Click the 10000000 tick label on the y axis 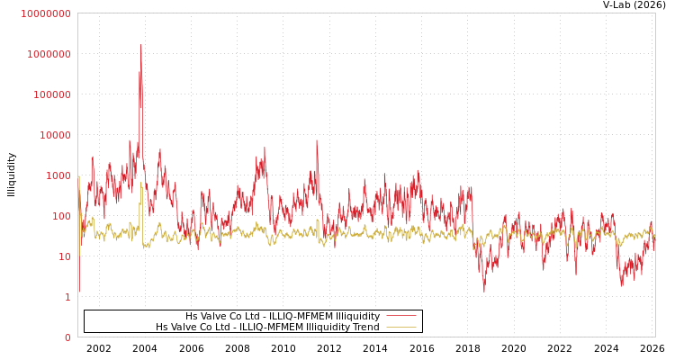click(x=45, y=13)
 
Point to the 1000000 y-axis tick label click(x=49, y=54)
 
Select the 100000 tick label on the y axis click(x=51, y=94)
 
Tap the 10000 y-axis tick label click(x=55, y=135)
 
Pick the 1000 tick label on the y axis click(x=58, y=175)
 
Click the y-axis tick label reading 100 click(x=61, y=216)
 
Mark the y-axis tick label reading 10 click(x=65, y=256)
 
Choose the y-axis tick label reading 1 click(x=67, y=297)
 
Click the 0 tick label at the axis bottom click(x=67, y=337)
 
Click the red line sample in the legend click(x=400, y=316)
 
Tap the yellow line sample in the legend click(x=400, y=328)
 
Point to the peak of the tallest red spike click(x=140, y=45)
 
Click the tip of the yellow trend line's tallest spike click(x=140, y=183)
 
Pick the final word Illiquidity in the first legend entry click(x=357, y=317)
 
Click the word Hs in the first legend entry click(x=192, y=317)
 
